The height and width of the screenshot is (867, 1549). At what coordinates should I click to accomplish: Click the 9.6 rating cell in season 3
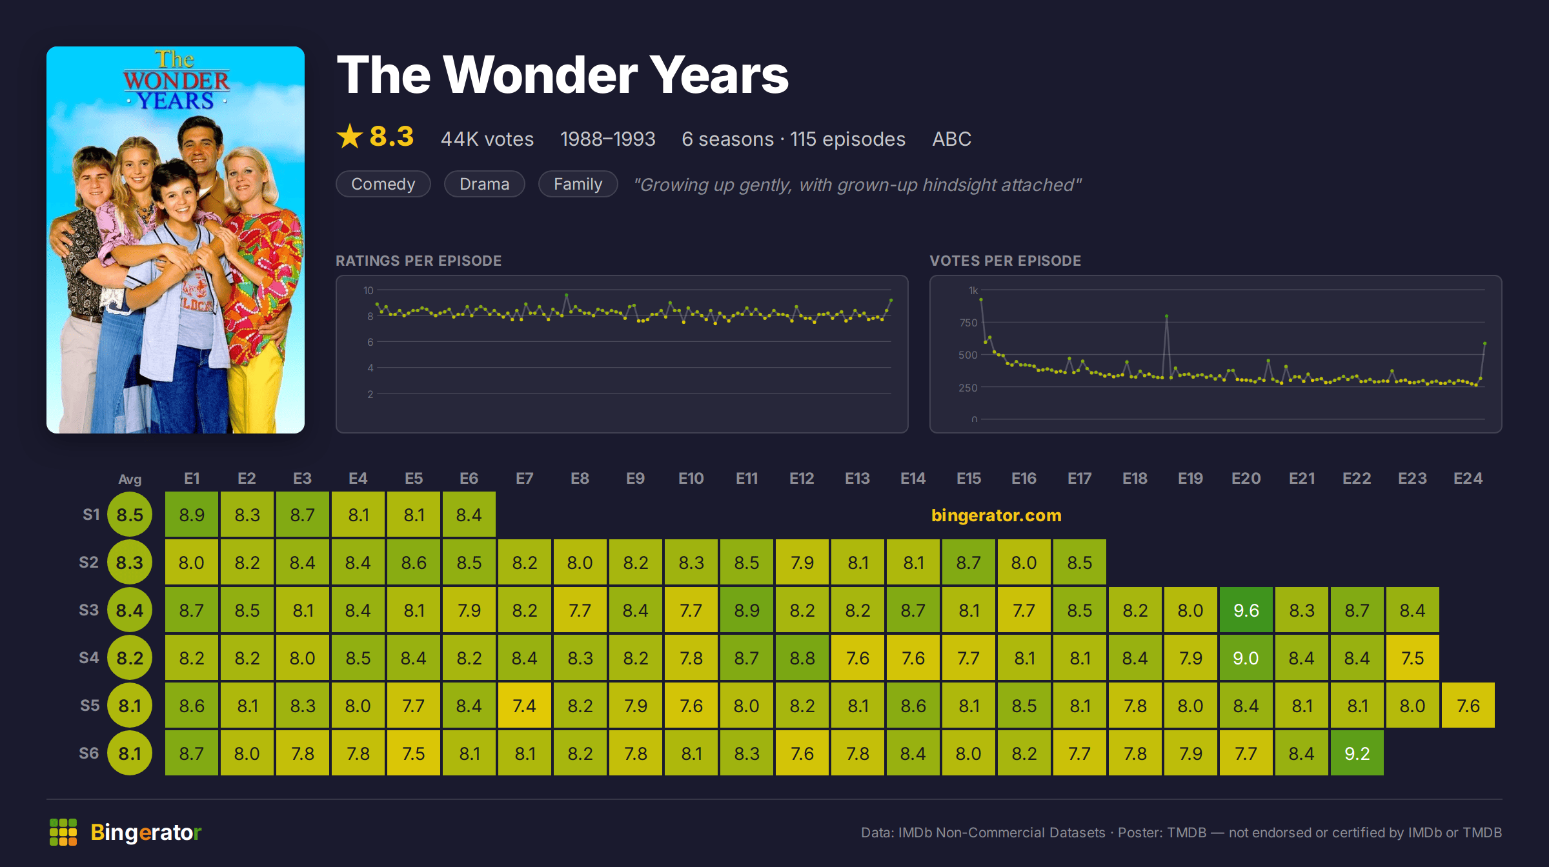1246,610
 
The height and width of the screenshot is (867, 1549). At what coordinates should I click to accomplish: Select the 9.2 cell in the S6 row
1357,753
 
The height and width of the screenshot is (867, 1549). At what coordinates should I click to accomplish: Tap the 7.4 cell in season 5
524,705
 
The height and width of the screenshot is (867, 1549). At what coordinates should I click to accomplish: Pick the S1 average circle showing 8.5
130,514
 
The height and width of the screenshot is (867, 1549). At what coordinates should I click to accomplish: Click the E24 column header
1468,478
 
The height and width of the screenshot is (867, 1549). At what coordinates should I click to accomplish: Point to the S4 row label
89,657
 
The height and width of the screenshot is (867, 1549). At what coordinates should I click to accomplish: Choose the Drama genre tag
485,184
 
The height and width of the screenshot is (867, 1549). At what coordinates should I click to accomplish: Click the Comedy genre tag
383,184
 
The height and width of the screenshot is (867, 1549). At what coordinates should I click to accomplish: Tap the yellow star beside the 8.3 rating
350,136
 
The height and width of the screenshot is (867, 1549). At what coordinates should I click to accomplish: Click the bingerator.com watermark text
996,515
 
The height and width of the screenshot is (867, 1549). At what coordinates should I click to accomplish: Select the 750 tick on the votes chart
968,323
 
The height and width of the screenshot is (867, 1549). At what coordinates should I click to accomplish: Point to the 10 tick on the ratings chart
369,290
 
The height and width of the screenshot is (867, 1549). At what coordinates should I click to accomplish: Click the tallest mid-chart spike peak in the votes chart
1166,316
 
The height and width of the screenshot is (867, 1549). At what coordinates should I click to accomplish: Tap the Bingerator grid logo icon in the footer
63,832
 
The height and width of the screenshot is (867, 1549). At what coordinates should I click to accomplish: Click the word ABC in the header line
951,139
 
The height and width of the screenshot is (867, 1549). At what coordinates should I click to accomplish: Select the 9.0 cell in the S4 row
1246,657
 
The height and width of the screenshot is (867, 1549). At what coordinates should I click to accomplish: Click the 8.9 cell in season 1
192,514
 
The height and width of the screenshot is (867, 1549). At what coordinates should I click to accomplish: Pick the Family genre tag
578,184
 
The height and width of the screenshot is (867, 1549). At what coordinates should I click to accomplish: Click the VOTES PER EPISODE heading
1005,261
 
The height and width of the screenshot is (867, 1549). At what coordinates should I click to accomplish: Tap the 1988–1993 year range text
607,139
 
